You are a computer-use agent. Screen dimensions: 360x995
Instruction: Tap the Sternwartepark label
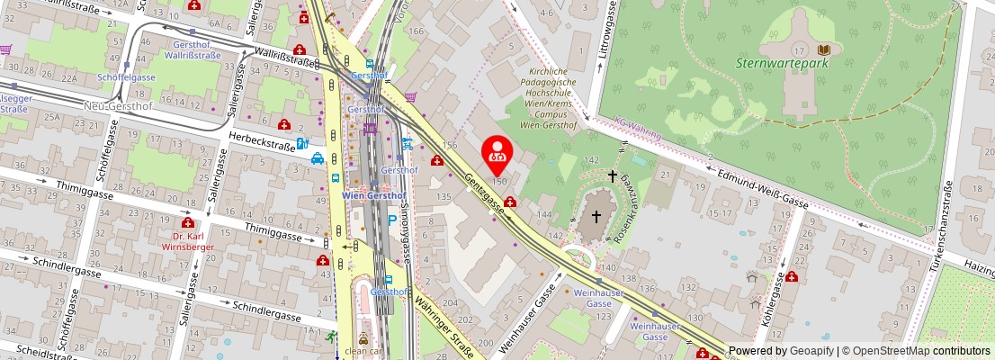click(781, 63)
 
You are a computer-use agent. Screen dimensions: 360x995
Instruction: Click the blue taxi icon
click(318, 160)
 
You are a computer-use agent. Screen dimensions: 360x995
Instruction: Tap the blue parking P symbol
click(391, 221)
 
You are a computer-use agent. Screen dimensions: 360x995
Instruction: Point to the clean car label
click(363, 352)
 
